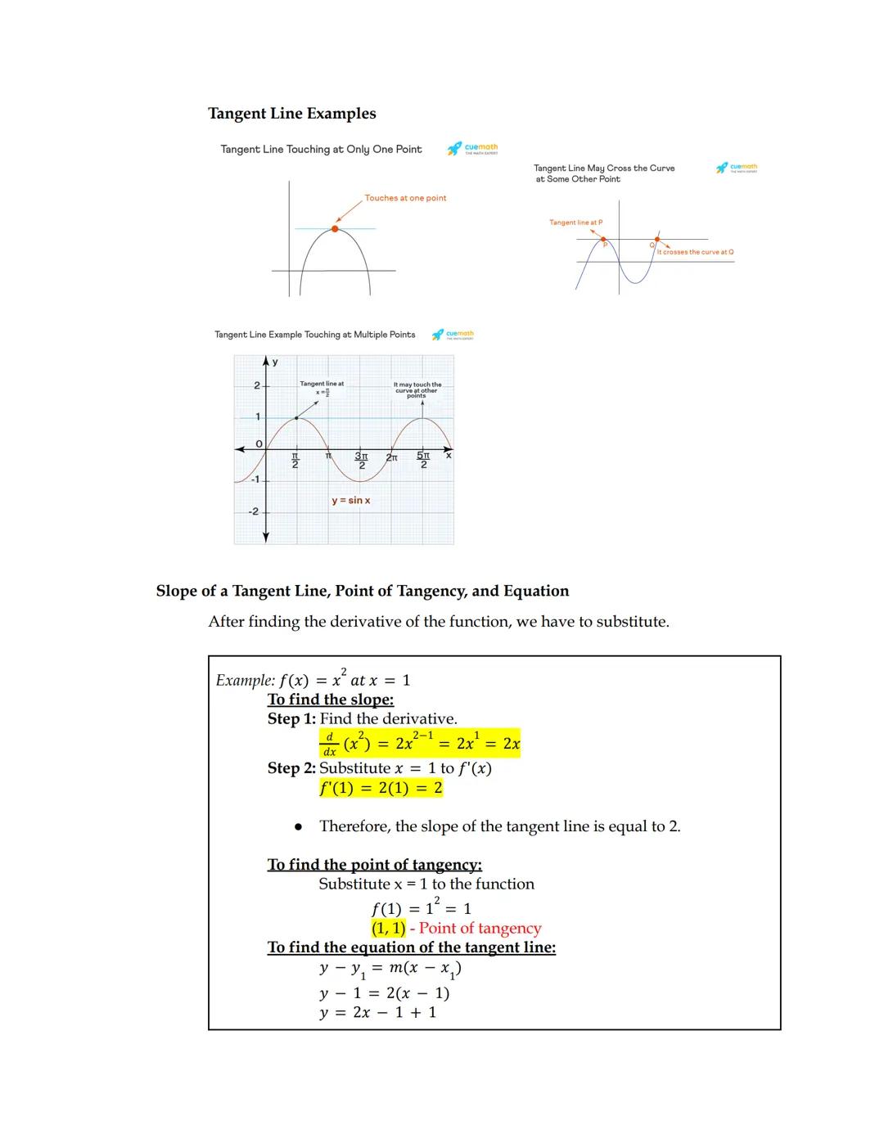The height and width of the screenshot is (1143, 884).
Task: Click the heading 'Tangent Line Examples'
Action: point(292,114)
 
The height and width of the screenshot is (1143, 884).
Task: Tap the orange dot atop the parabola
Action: point(335,229)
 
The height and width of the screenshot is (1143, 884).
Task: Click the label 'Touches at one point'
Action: point(405,198)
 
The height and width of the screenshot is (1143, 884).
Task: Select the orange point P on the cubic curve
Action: point(604,239)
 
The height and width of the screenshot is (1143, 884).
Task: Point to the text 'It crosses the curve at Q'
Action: point(695,252)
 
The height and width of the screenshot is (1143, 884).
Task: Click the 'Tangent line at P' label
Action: point(575,223)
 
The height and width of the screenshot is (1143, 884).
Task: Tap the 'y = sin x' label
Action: point(350,500)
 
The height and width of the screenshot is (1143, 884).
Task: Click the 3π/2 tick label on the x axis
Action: point(361,460)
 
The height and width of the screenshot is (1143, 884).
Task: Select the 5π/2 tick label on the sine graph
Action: point(423,460)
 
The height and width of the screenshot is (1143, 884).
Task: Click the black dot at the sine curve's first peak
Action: point(296,418)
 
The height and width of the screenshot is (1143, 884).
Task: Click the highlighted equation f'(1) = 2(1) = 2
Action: point(381,788)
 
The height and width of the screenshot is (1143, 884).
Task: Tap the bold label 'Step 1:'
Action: point(291,719)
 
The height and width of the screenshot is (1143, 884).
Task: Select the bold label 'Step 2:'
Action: point(291,768)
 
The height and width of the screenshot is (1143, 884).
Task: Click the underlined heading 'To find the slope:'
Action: point(331,700)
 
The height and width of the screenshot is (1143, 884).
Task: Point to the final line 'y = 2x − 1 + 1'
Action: point(378,1012)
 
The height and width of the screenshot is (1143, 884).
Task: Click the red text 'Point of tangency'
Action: point(480,928)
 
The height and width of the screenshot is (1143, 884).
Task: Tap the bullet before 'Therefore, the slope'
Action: point(299,827)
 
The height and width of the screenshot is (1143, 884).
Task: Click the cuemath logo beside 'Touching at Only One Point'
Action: point(473,149)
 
